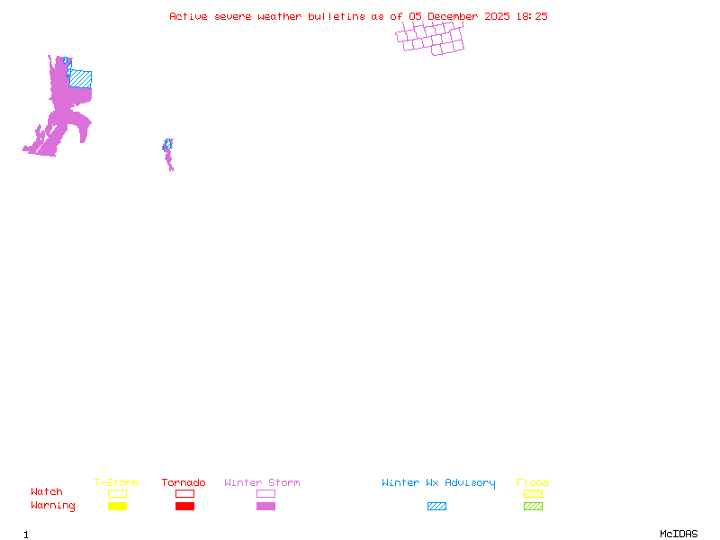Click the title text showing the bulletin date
tap(358, 16)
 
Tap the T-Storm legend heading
tap(116, 483)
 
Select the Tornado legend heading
tap(184, 483)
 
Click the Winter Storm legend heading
tap(262, 483)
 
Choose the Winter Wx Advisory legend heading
tap(438, 483)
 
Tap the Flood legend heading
tap(533, 483)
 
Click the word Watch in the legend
tap(47, 492)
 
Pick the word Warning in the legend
tap(53, 506)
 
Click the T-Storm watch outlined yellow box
tap(117, 493)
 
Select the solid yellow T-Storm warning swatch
tap(117, 506)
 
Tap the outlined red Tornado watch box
tap(184, 493)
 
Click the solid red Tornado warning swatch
tap(184, 506)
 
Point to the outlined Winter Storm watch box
tap(265, 493)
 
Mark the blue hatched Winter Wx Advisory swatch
tap(436, 506)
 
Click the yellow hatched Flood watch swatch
tap(533, 493)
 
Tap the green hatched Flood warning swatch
tap(533, 506)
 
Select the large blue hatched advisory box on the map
tap(80, 79)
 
